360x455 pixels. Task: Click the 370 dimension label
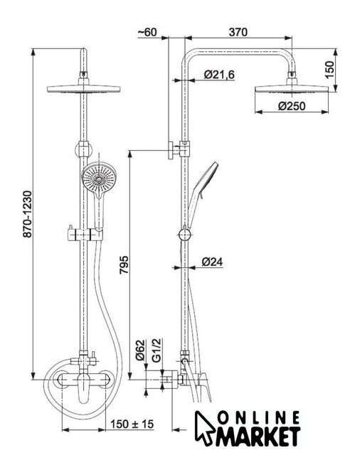238,32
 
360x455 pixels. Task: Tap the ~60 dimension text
147,32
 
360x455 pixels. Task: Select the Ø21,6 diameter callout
219,75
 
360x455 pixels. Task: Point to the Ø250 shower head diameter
292,106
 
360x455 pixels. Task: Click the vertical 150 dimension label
330,70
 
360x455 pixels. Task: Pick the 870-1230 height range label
28,214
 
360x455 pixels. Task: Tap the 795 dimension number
124,264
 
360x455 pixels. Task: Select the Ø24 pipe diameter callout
212,262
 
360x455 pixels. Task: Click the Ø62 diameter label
140,350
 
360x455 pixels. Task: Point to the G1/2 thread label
157,350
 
